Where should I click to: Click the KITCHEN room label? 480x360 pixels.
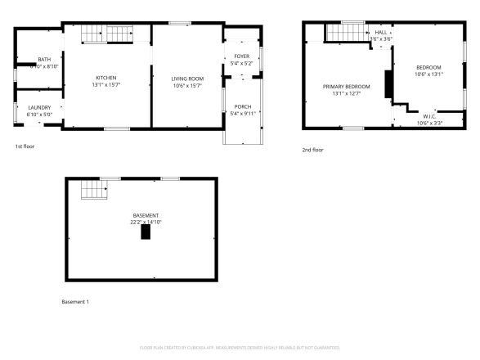click(x=107, y=78)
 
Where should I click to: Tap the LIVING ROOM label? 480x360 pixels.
click(x=187, y=78)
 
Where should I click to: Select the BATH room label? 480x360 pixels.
click(x=43, y=60)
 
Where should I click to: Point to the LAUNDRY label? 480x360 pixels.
click(x=39, y=107)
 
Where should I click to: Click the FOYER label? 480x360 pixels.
click(x=242, y=56)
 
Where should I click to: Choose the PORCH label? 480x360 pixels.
click(x=243, y=106)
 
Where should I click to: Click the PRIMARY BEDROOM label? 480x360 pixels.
click(x=346, y=87)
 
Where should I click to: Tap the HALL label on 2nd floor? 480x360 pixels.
click(x=381, y=32)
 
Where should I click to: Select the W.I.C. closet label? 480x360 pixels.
click(x=429, y=117)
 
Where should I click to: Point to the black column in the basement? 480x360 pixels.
click(x=146, y=232)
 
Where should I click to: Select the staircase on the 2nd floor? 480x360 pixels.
click(x=343, y=31)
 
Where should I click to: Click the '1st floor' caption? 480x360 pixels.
click(x=25, y=146)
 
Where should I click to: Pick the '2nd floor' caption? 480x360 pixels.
click(x=312, y=150)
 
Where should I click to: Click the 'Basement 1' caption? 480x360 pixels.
click(x=75, y=302)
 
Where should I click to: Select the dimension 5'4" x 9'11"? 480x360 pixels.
click(x=243, y=113)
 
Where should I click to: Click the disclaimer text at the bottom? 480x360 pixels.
click(x=240, y=348)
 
